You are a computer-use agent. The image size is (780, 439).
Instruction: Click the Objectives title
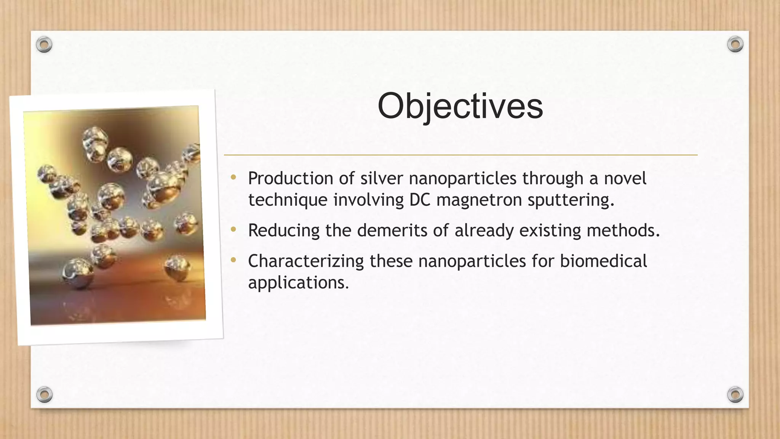point(460,106)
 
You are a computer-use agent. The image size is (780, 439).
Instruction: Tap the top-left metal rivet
point(44,45)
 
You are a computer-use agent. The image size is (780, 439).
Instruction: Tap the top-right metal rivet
point(735,45)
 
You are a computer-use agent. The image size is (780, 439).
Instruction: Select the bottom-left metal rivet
point(44,394)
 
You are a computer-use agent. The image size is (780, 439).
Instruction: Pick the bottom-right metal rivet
point(735,394)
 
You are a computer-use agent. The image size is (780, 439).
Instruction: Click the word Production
point(291,178)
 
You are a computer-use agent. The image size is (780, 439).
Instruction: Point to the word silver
point(382,178)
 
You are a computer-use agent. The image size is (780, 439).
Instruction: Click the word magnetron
point(479,200)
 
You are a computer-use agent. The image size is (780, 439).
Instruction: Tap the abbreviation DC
point(419,200)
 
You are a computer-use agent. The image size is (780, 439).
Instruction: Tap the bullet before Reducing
point(233,229)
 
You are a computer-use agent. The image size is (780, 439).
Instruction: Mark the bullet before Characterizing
point(233,260)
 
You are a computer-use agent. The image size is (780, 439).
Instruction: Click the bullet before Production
point(233,177)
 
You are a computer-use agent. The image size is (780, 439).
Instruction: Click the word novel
point(625,178)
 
